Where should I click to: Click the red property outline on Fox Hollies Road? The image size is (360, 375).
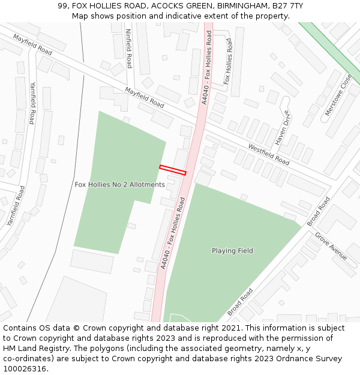pos(173,170)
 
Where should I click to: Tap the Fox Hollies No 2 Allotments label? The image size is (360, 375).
pos(119,185)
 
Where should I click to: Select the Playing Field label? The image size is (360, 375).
pos(232,251)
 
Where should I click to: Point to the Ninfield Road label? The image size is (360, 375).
pos(129,49)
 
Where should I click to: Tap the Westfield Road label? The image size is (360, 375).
pos(268,155)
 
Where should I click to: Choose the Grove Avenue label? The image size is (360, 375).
pos(331,246)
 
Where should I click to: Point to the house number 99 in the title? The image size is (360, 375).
pos(63,5)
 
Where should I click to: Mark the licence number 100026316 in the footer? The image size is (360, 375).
pos(25,369)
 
